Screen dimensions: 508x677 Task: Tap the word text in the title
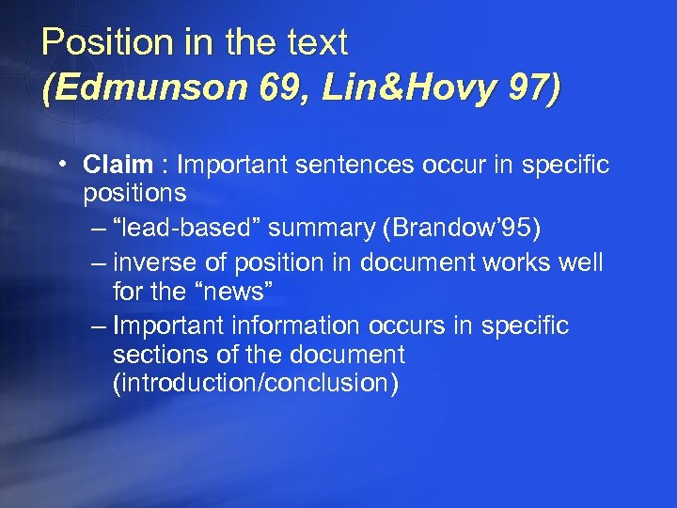[316, 42]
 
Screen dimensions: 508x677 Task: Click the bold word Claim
[118, 166]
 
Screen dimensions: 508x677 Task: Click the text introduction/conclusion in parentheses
[255, 384]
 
